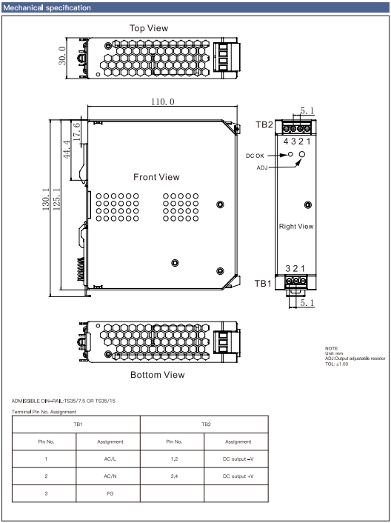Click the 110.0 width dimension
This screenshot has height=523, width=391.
point(163,101)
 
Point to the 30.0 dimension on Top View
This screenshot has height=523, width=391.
point(63,56)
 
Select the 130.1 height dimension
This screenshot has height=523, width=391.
point(46,199)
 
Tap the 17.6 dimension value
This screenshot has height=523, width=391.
point(76,132)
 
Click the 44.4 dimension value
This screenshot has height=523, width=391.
point(67,150)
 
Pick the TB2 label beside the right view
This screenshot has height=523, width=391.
point(264,124)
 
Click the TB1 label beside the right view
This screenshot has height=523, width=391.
point(264,284)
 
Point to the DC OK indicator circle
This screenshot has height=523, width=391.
point(290,154)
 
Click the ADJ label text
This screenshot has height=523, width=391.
point(262,167)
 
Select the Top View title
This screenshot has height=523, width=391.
point(149,28)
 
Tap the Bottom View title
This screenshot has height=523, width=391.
point(157,375)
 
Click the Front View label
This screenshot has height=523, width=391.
point(156,177)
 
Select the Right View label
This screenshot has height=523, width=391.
point(296,227)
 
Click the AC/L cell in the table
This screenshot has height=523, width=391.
point(110,459)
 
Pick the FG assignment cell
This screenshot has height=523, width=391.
point(110,493)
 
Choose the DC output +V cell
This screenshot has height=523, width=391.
point(238,476)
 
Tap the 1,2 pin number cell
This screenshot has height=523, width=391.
point(174,459)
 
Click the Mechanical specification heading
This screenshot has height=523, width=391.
point(47,7)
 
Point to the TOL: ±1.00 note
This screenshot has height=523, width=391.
point(337,364)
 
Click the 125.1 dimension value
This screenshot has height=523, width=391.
point(56,199)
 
